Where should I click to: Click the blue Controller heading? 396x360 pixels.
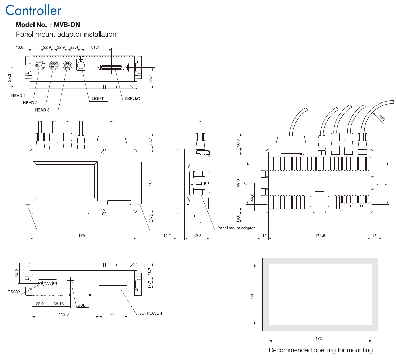(x=33, y=11)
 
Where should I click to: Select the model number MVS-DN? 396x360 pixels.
(x=67, y=25)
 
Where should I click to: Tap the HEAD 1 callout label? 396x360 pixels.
(x=18, y=95)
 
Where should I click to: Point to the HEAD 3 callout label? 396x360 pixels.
(x=42, y=110)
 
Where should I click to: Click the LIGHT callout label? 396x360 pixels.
(x=97, y=98)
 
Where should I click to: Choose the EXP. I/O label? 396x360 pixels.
(x=133, y=98)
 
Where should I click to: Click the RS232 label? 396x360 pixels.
(x=14, y=292)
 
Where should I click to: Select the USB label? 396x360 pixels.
(x=81, y=305)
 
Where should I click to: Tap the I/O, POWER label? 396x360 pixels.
(x=150, y=313)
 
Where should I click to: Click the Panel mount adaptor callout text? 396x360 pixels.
(x=236, y=228)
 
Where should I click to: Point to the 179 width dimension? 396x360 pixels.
(x=82, y=235)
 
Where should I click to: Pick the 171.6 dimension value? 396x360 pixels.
(x=320, y=235)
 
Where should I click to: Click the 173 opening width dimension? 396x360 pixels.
(x=319, y=338)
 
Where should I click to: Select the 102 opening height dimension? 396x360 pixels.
(x=252, y=295)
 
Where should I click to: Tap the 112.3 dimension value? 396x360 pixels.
(x=64, y=314)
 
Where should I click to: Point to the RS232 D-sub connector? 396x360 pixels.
(x=48, y=283)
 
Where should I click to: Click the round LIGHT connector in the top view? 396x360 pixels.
(x=81, y=65)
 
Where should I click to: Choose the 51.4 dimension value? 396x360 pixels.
(x=95, y=47)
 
